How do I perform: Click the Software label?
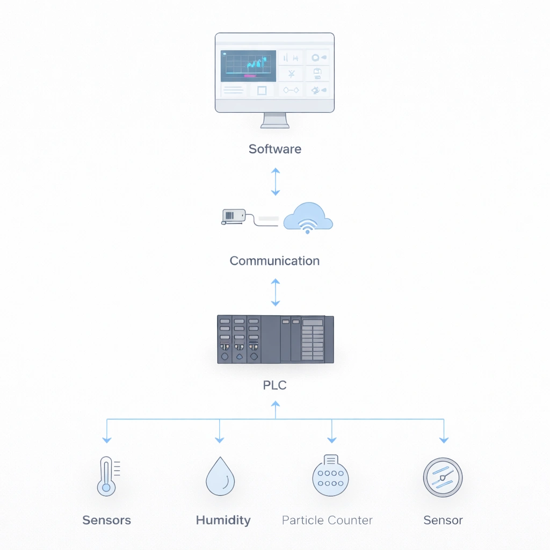pos(274,149)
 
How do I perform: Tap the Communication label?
pos(274,261)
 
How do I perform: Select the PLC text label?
pos(274,385)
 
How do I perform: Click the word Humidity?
pos(223,520)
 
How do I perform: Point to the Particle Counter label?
pos(327,520)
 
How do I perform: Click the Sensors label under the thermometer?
pos(106,520)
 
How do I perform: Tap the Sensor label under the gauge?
pos(443,520)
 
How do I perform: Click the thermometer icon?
pos(107,476)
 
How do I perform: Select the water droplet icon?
pos(220,476)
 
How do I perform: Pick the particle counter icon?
pos(330,476)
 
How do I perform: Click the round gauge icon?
pos(443,477)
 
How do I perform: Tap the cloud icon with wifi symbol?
pos(308,218)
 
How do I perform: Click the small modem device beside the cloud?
pos(234,216)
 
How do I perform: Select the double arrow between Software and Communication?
pos(275,182)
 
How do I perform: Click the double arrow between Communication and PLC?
pos(275,292)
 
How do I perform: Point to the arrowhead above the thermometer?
pos(107,439)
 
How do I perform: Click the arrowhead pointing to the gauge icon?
pos(444,439)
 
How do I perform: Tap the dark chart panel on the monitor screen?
pos(248,66)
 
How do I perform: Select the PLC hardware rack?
pos(275,339)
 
